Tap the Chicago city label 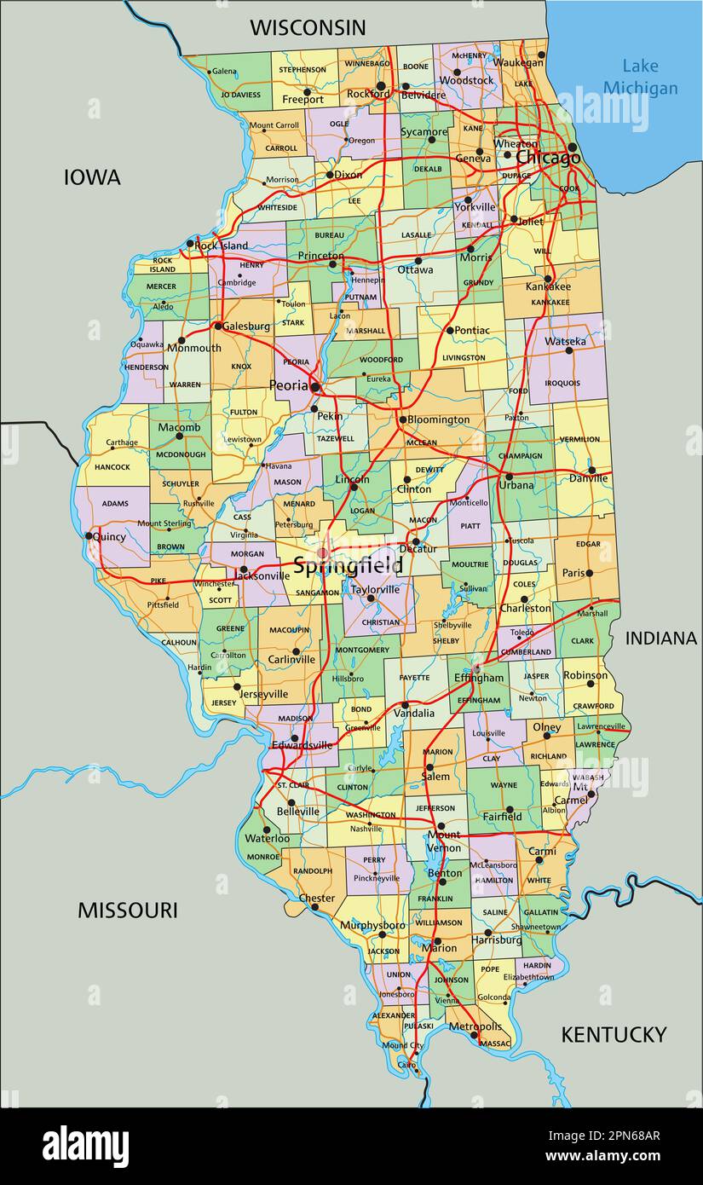(x=548, y=158)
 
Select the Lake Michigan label (x=640, y=77)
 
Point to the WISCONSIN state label (x=308, y=27)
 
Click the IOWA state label (x=92, y=177)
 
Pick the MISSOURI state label (x=128, y=910)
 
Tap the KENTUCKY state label (x=613, y=1034)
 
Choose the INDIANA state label (x=660, y=638)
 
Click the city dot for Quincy (x=89, y=536)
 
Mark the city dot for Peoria (x=315, y=387)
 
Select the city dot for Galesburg (x=218, y=326)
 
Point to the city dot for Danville (x=591, y=470)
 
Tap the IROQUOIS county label (x=562, y=383)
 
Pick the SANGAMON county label (x=318, y=592)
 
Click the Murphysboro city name (x=372, y=925)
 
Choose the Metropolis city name (x=475, y=1026)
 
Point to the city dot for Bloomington (x=403, y=419)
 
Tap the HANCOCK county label (x=112, y=467)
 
